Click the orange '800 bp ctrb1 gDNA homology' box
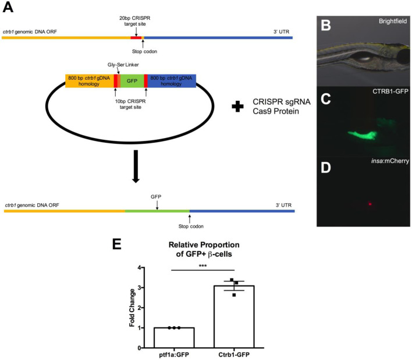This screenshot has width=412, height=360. click(89, 81)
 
